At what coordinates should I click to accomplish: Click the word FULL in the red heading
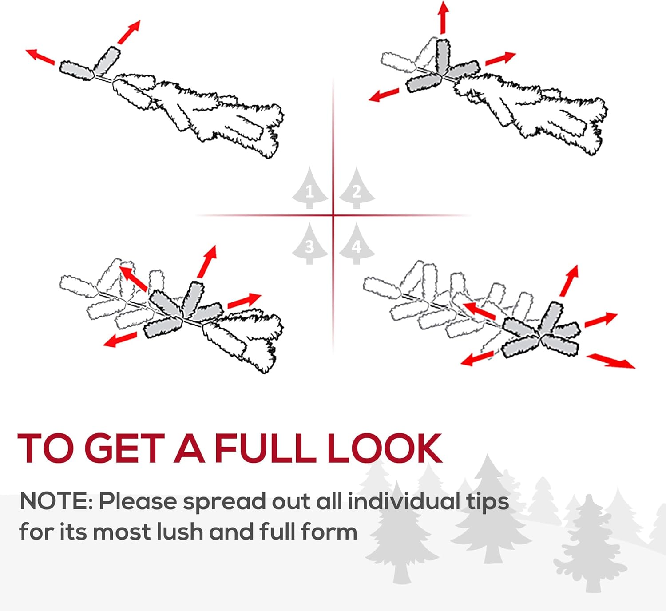coord(265,448)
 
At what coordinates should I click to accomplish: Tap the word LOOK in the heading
coord(385,448)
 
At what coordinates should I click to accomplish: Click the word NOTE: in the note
coord(56,501)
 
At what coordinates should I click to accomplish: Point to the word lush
coord(179,532)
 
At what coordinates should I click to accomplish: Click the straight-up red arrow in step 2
coord(443,17)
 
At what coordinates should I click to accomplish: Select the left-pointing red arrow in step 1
coord(40,57)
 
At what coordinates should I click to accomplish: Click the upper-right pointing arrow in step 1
coord(129,32)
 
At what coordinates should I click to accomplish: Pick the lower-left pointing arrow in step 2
coord(384,95)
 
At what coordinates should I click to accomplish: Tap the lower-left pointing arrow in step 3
coord(120,340)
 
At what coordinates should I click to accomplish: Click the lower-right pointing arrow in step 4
coord(611,361)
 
